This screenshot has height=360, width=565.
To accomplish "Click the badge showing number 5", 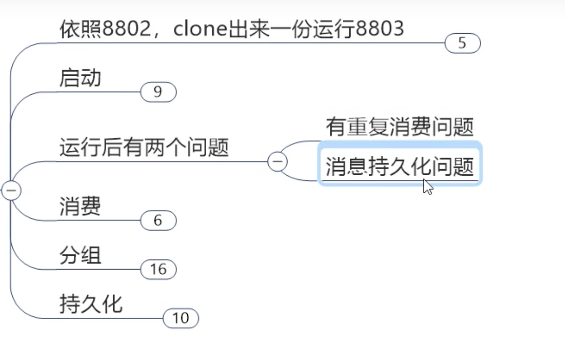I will point(463,44).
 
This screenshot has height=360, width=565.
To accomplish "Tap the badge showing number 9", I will point(158,92).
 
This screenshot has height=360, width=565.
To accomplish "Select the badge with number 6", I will point(158,221).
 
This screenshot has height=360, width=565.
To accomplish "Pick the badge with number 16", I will point(158,270).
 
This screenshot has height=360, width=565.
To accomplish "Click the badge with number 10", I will point(181,318).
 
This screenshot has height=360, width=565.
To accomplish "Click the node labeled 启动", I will point(80,77).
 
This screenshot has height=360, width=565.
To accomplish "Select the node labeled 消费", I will point(80,206).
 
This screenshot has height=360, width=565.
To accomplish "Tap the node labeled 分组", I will point(80,256).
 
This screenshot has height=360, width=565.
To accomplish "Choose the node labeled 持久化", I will point(91,304).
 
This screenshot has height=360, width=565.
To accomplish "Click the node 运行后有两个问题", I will point(144,148).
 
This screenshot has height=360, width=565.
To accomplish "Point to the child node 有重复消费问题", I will point(400,127).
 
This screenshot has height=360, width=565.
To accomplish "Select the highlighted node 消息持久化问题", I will point(400,167).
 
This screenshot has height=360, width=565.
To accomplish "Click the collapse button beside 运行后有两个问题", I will point(278,162).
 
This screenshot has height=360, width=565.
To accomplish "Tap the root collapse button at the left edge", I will point(10,190).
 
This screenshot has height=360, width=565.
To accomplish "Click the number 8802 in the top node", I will point(125,29).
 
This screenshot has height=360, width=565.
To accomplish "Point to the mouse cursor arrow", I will point(427,186).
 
